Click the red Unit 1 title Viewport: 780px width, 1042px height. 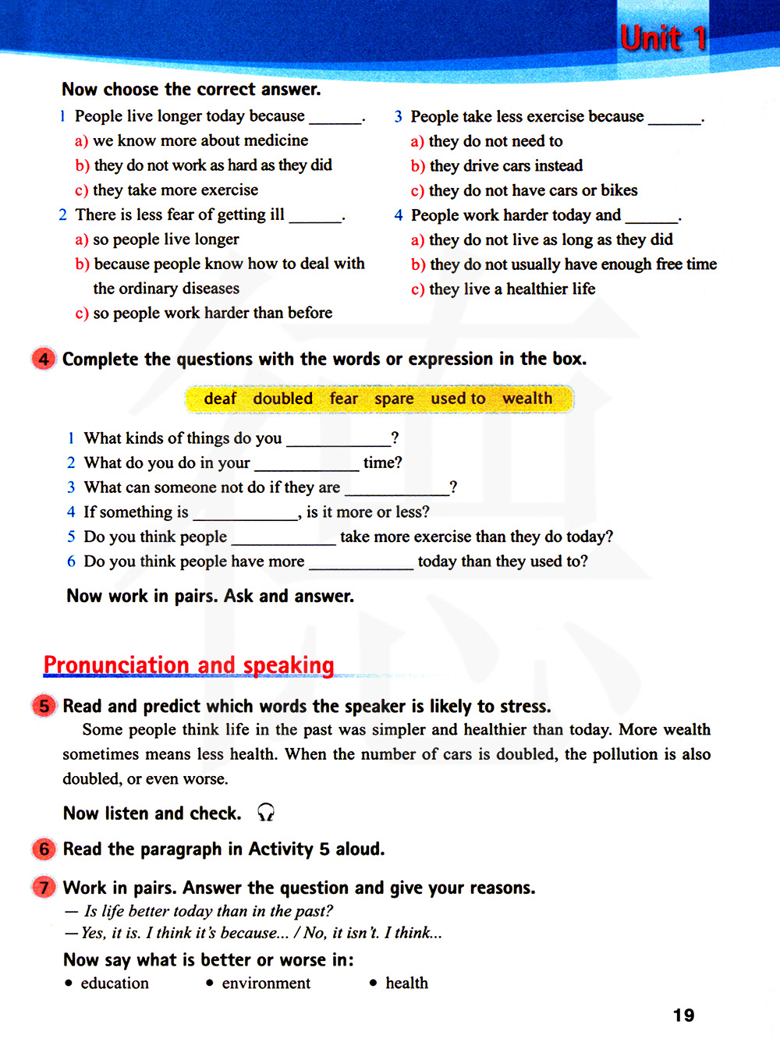pos(663,37)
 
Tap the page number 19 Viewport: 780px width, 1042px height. pos(683,1015)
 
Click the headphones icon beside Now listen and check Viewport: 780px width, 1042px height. pos(266,813)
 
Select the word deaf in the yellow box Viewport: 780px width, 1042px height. pos(220,399)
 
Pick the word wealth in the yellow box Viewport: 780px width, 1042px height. pos(527,399)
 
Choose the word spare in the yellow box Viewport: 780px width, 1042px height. pos(394,399)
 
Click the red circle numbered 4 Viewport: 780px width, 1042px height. pos(44,359)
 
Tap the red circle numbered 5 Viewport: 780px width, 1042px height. pos(44,706)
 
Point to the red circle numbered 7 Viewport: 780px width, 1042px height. pos(44,888)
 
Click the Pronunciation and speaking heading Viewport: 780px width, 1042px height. pos(189,665)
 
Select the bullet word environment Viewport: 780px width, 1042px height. pos(266,984)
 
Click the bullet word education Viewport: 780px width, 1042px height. pos(115,984)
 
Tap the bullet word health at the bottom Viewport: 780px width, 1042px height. pos(406,984)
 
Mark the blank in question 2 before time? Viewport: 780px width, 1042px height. pos(307,464)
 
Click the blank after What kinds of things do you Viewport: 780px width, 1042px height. pos(338,439)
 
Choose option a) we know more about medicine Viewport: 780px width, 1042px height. pos(192,140)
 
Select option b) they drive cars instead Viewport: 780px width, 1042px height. pos(497,165)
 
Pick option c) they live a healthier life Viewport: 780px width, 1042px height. pos(503,289)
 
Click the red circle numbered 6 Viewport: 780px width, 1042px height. pos(44,849)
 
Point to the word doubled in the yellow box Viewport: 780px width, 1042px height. pos(282,399)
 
